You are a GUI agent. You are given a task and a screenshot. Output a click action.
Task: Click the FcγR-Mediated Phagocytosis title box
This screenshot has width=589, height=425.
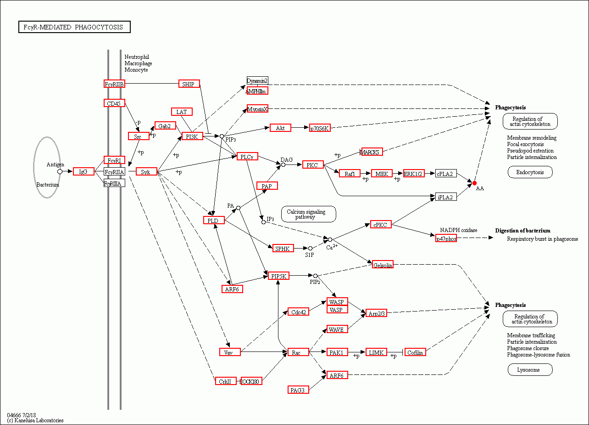click(x=74, y=27)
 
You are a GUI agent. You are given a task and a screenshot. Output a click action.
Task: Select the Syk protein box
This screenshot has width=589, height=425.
click(x=146, y=172)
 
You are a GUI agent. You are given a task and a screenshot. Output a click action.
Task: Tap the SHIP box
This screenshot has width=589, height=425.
click(x=189, y=84)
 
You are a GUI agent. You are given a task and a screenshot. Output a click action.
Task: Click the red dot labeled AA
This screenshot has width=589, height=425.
click(x=475, y=183)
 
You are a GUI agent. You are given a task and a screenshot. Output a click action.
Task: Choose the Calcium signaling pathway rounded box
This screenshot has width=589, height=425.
click(x=308, y=214)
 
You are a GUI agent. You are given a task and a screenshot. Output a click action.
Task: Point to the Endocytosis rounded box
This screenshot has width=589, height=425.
click(x=530, y=172)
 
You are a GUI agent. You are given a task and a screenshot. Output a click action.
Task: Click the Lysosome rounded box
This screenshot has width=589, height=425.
click(x=530, y=370)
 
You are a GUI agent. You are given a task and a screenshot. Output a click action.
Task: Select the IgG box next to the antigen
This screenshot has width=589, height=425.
click(x=83, y=171)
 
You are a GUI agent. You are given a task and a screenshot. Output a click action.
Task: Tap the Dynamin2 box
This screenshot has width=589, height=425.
click(x=257, y=81)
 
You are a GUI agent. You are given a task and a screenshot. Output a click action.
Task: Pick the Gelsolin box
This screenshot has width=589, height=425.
click(x=383, y=265)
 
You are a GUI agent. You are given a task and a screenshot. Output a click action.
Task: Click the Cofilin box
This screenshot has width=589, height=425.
click(x=415, y=352)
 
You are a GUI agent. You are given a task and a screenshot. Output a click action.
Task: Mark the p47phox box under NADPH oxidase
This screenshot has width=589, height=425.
click(x=446, y=238)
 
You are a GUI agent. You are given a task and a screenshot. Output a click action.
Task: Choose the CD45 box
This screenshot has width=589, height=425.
click(x=114, y=103)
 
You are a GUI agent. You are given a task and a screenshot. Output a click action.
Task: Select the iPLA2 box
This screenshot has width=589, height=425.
click(x=445, y=197)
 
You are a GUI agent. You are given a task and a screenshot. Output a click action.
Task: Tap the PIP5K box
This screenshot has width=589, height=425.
click(x=278, y=276)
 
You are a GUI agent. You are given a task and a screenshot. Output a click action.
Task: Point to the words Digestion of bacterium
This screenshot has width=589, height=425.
click(x=522, y=231)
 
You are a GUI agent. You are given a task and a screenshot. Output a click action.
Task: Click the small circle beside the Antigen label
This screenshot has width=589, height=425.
click(x=60, y=171)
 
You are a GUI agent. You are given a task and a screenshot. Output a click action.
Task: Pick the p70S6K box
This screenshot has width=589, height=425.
click(x=319, y=128)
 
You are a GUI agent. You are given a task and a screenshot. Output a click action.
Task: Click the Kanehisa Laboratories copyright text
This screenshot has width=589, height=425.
click(x=35, y=420)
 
